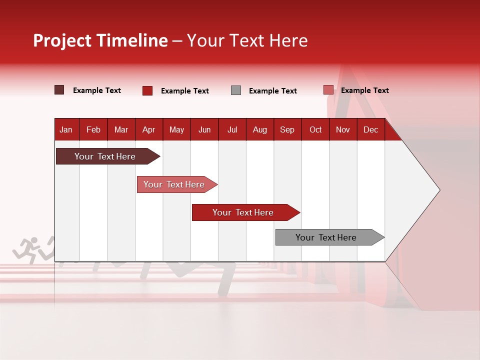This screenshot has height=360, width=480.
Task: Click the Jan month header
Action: point(66,130)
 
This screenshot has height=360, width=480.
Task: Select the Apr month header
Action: point(148,130)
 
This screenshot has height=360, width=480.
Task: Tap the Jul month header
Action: point(232,130)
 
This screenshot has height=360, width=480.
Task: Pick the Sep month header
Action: point(287,130)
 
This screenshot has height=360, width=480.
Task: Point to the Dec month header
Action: point(370,130)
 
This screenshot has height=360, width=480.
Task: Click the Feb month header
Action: point(93,130)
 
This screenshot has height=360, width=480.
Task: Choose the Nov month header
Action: point(343,130)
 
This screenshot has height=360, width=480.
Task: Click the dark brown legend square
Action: point(59,90)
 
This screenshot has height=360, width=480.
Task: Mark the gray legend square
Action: point(236,90)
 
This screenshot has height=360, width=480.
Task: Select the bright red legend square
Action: point(147,90)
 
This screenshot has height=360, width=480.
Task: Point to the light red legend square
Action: point(328,90)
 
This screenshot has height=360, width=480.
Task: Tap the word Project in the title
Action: point(62,41)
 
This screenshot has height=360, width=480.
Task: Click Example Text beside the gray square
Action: point(272,91)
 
